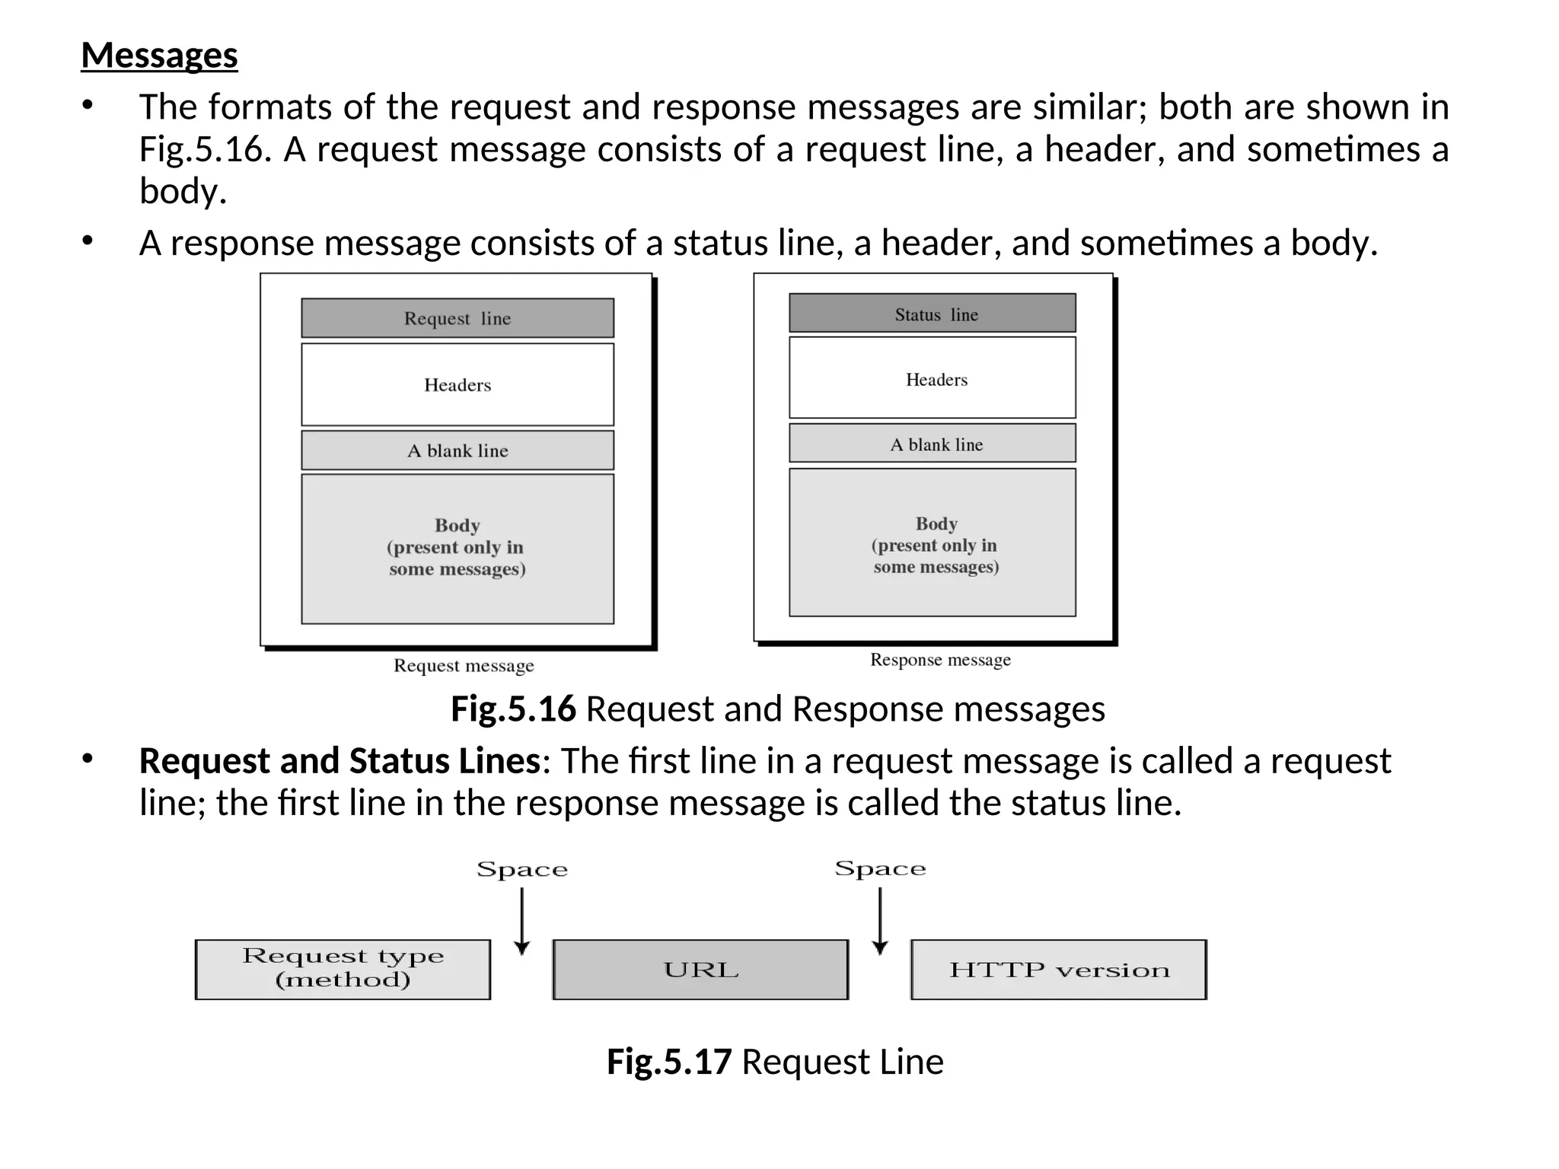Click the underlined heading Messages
[x=159, y=56]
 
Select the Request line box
[x=457, y=318]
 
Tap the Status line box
[x=933, y=314]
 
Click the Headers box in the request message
[x=457, y=384]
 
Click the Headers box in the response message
[x=933, y=378]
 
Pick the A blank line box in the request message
[x=457, y=451]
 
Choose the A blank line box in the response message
[x=933, y=444]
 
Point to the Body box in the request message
[x=457, y=549]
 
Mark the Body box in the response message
[x=933, y=543]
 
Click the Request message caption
[x=464, y=666]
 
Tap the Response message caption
[x=940, y=660]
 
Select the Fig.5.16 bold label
[x=513, y=709]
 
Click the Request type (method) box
[x=343, y=969]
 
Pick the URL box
[x=700, y=970]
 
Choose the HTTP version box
[x=1058, y=970]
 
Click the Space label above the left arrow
[x=522, y=869]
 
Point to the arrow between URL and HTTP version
[x=880, y=921]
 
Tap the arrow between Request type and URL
[x=521, y=921]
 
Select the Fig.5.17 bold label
[x=669, y=1062]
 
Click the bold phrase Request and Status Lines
[x=340, y=761]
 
